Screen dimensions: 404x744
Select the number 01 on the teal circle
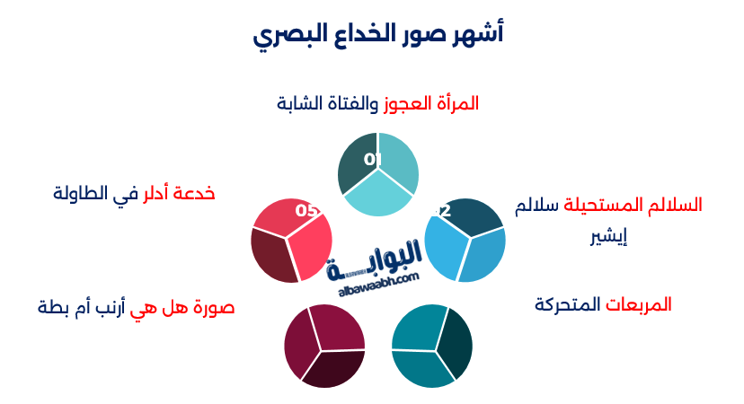tap(373, 160)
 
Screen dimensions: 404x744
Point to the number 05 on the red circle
tap(306, 211)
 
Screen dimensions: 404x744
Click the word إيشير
tap(608, 236)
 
